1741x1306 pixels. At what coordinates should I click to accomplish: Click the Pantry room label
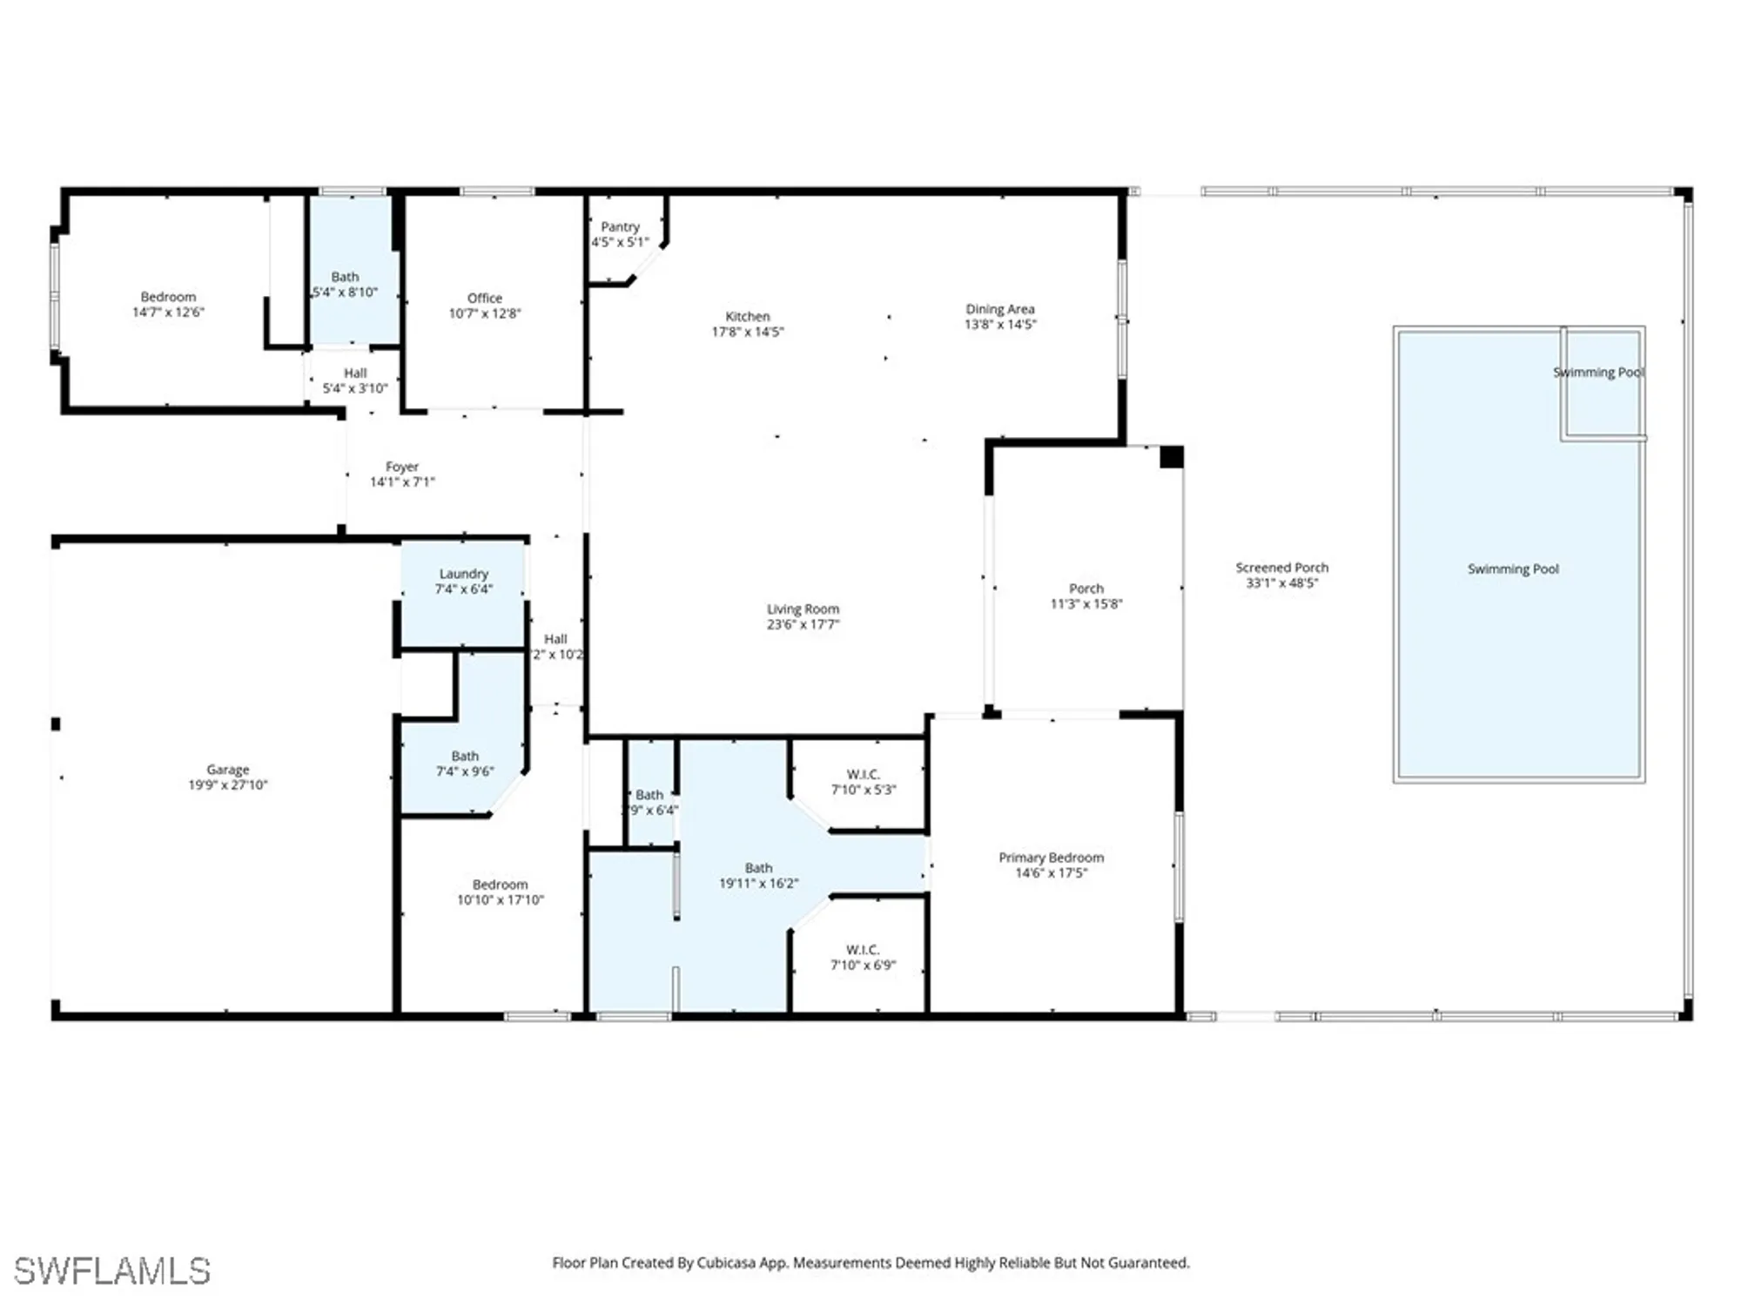[x=620, y=226]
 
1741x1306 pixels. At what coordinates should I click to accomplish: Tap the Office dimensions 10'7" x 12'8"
[x=484, y=313]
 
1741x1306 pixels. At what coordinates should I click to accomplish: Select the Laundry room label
[x=463, y=574]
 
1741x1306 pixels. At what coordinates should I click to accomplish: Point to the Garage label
[x=227, y=770]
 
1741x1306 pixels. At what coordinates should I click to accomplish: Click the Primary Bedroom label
[x=1051, y=858]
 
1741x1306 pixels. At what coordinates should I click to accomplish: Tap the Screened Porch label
[x=1281, y=568]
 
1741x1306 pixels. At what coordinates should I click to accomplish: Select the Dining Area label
[x=999, y=309]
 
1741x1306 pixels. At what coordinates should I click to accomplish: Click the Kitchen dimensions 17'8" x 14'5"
[x=747, y=332]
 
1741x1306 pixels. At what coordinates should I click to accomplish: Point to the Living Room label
[x=803, y=609]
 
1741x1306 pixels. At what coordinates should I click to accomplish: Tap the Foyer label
[x=401, y=467]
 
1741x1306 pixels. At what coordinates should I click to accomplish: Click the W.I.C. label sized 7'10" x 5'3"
[x=863, y=774]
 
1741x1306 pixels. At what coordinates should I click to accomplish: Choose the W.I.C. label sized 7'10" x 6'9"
[x=862, y=950]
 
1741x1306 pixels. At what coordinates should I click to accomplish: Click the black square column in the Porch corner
[x=1171, y=457]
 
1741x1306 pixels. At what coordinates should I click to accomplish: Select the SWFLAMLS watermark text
[x=111, y=1271]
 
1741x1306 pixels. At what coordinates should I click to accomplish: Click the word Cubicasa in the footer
[x=725, y=1262]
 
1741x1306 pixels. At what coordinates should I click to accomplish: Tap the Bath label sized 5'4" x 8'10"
[x=345, y=277]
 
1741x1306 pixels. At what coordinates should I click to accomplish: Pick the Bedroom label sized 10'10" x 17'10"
[x=500, y=885]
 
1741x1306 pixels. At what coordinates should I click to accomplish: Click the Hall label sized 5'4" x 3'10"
[x=354, y=373]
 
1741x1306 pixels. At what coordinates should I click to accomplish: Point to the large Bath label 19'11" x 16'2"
[x=758, y=868]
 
